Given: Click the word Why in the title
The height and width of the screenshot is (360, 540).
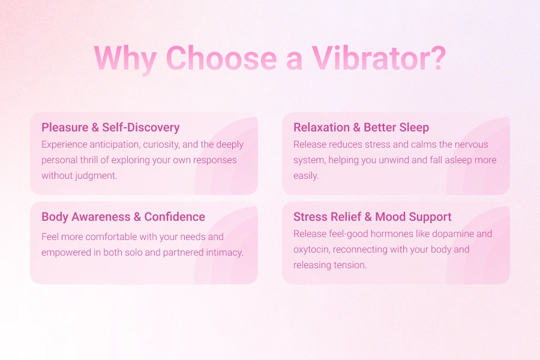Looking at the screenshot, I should pos(125,58).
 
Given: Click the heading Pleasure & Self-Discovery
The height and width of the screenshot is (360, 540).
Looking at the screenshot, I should pos(110,127).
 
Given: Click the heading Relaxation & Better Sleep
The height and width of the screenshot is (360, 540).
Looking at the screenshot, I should pos(361,127).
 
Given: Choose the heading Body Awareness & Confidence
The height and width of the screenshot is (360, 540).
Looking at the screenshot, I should pos(123,217).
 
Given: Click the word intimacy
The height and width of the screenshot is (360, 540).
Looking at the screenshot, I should pos(224,252).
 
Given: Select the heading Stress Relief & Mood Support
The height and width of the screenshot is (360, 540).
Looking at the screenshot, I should pos(372,217).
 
